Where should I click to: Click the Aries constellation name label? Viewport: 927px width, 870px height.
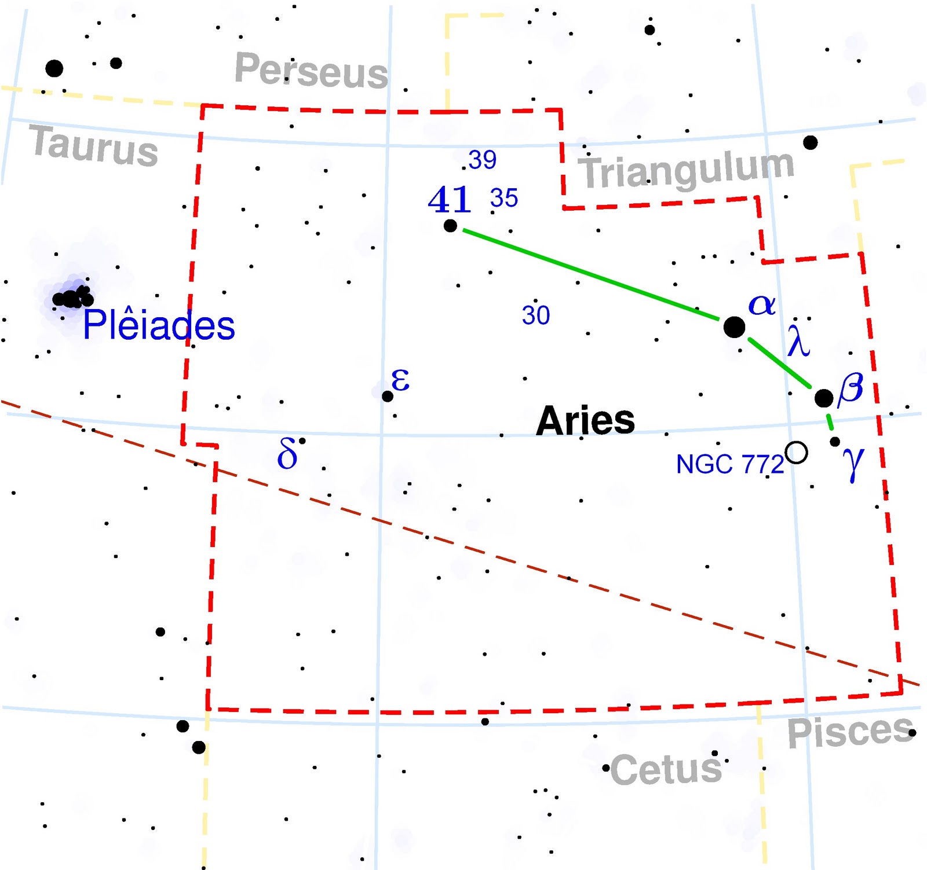pos(585,420)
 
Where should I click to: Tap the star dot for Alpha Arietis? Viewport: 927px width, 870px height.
pos(734,327)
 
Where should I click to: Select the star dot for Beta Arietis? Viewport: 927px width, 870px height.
pos(823,398)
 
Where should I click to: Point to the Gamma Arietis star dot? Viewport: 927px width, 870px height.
pos(835,442)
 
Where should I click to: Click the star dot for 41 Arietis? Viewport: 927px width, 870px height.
pos(450,226)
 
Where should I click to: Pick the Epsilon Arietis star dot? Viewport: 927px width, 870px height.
pos(388,396)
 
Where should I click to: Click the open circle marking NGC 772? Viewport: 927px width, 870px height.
pos(797,452)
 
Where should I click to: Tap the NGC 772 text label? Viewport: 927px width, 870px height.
pos(729,464)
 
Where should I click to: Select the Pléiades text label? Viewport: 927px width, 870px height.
pos(159,325)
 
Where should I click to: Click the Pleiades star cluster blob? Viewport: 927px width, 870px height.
pos(72,298)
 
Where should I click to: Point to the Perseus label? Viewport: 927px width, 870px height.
pos(311,71)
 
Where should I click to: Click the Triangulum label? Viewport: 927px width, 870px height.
pos(687,170)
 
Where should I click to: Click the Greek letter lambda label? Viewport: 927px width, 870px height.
pos(798,341)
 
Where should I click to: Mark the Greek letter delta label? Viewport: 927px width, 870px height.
pos(287,453)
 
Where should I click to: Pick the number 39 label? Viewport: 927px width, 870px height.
pos(482,160)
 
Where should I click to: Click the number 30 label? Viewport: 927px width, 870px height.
pos(535,315)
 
